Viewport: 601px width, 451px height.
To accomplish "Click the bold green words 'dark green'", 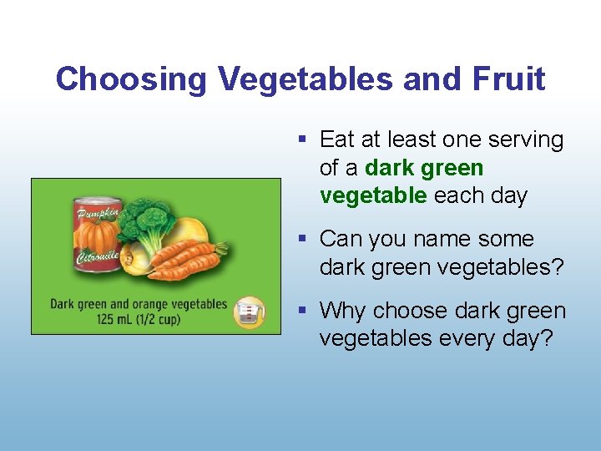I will click(x=424, y=168).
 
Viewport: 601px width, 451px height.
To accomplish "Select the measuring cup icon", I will click(x=249, y=312).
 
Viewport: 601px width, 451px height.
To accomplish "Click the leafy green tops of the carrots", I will click(x=220, y=247).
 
